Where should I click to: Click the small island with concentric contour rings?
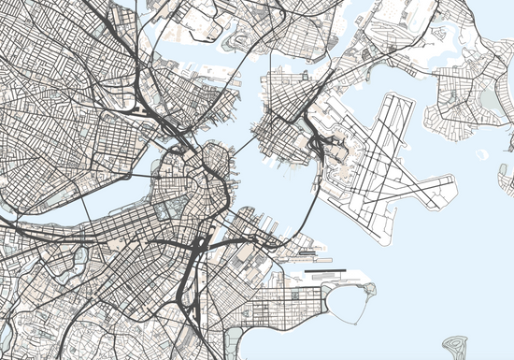459,348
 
